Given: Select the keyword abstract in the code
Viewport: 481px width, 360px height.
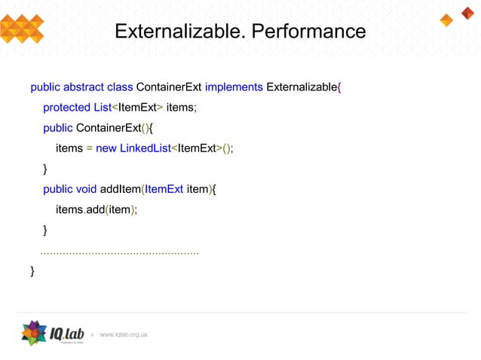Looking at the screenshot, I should (84, 87).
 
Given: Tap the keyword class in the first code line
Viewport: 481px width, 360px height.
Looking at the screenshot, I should (120, 87).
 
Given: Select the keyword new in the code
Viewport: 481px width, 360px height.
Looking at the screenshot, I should (106, 148).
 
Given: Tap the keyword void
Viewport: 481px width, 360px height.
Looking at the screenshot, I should (87, 188).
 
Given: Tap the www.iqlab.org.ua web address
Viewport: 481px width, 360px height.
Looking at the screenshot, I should (124, 334).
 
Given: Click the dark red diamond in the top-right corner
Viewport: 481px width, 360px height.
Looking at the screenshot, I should (467, 12).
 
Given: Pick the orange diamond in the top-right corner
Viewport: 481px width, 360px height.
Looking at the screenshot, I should (446, 20).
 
